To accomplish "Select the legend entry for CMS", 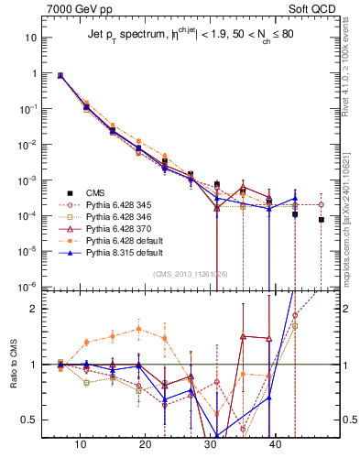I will [x=95, y=192].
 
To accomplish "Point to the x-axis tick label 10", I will [x=81, y=443].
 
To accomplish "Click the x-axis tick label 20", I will [x=146, y=443].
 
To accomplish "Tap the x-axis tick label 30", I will [x=211, y=443].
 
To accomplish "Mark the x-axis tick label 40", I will [x=276, y=443].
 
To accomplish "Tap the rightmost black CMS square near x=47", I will [x=322, y=220].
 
